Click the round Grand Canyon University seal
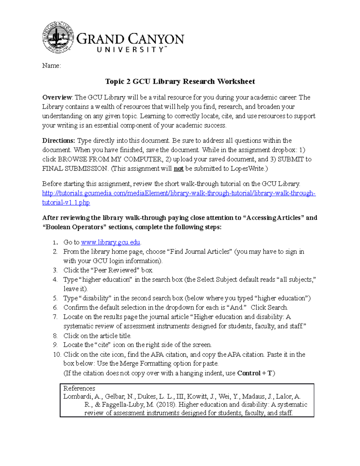coord(58,38)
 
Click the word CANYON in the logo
coord(157,39)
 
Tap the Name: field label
coord(51,66)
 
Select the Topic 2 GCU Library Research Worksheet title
coord(180,81)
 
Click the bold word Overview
coord(57,98)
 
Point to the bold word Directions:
coord(58,141)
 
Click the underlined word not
coord(178,169)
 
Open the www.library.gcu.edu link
coord(111,242)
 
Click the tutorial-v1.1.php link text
coord(66,203)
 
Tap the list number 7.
coord(55,317)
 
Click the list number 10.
coord(57,354)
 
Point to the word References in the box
coord(79,388)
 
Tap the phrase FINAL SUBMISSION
coord(75,169)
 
